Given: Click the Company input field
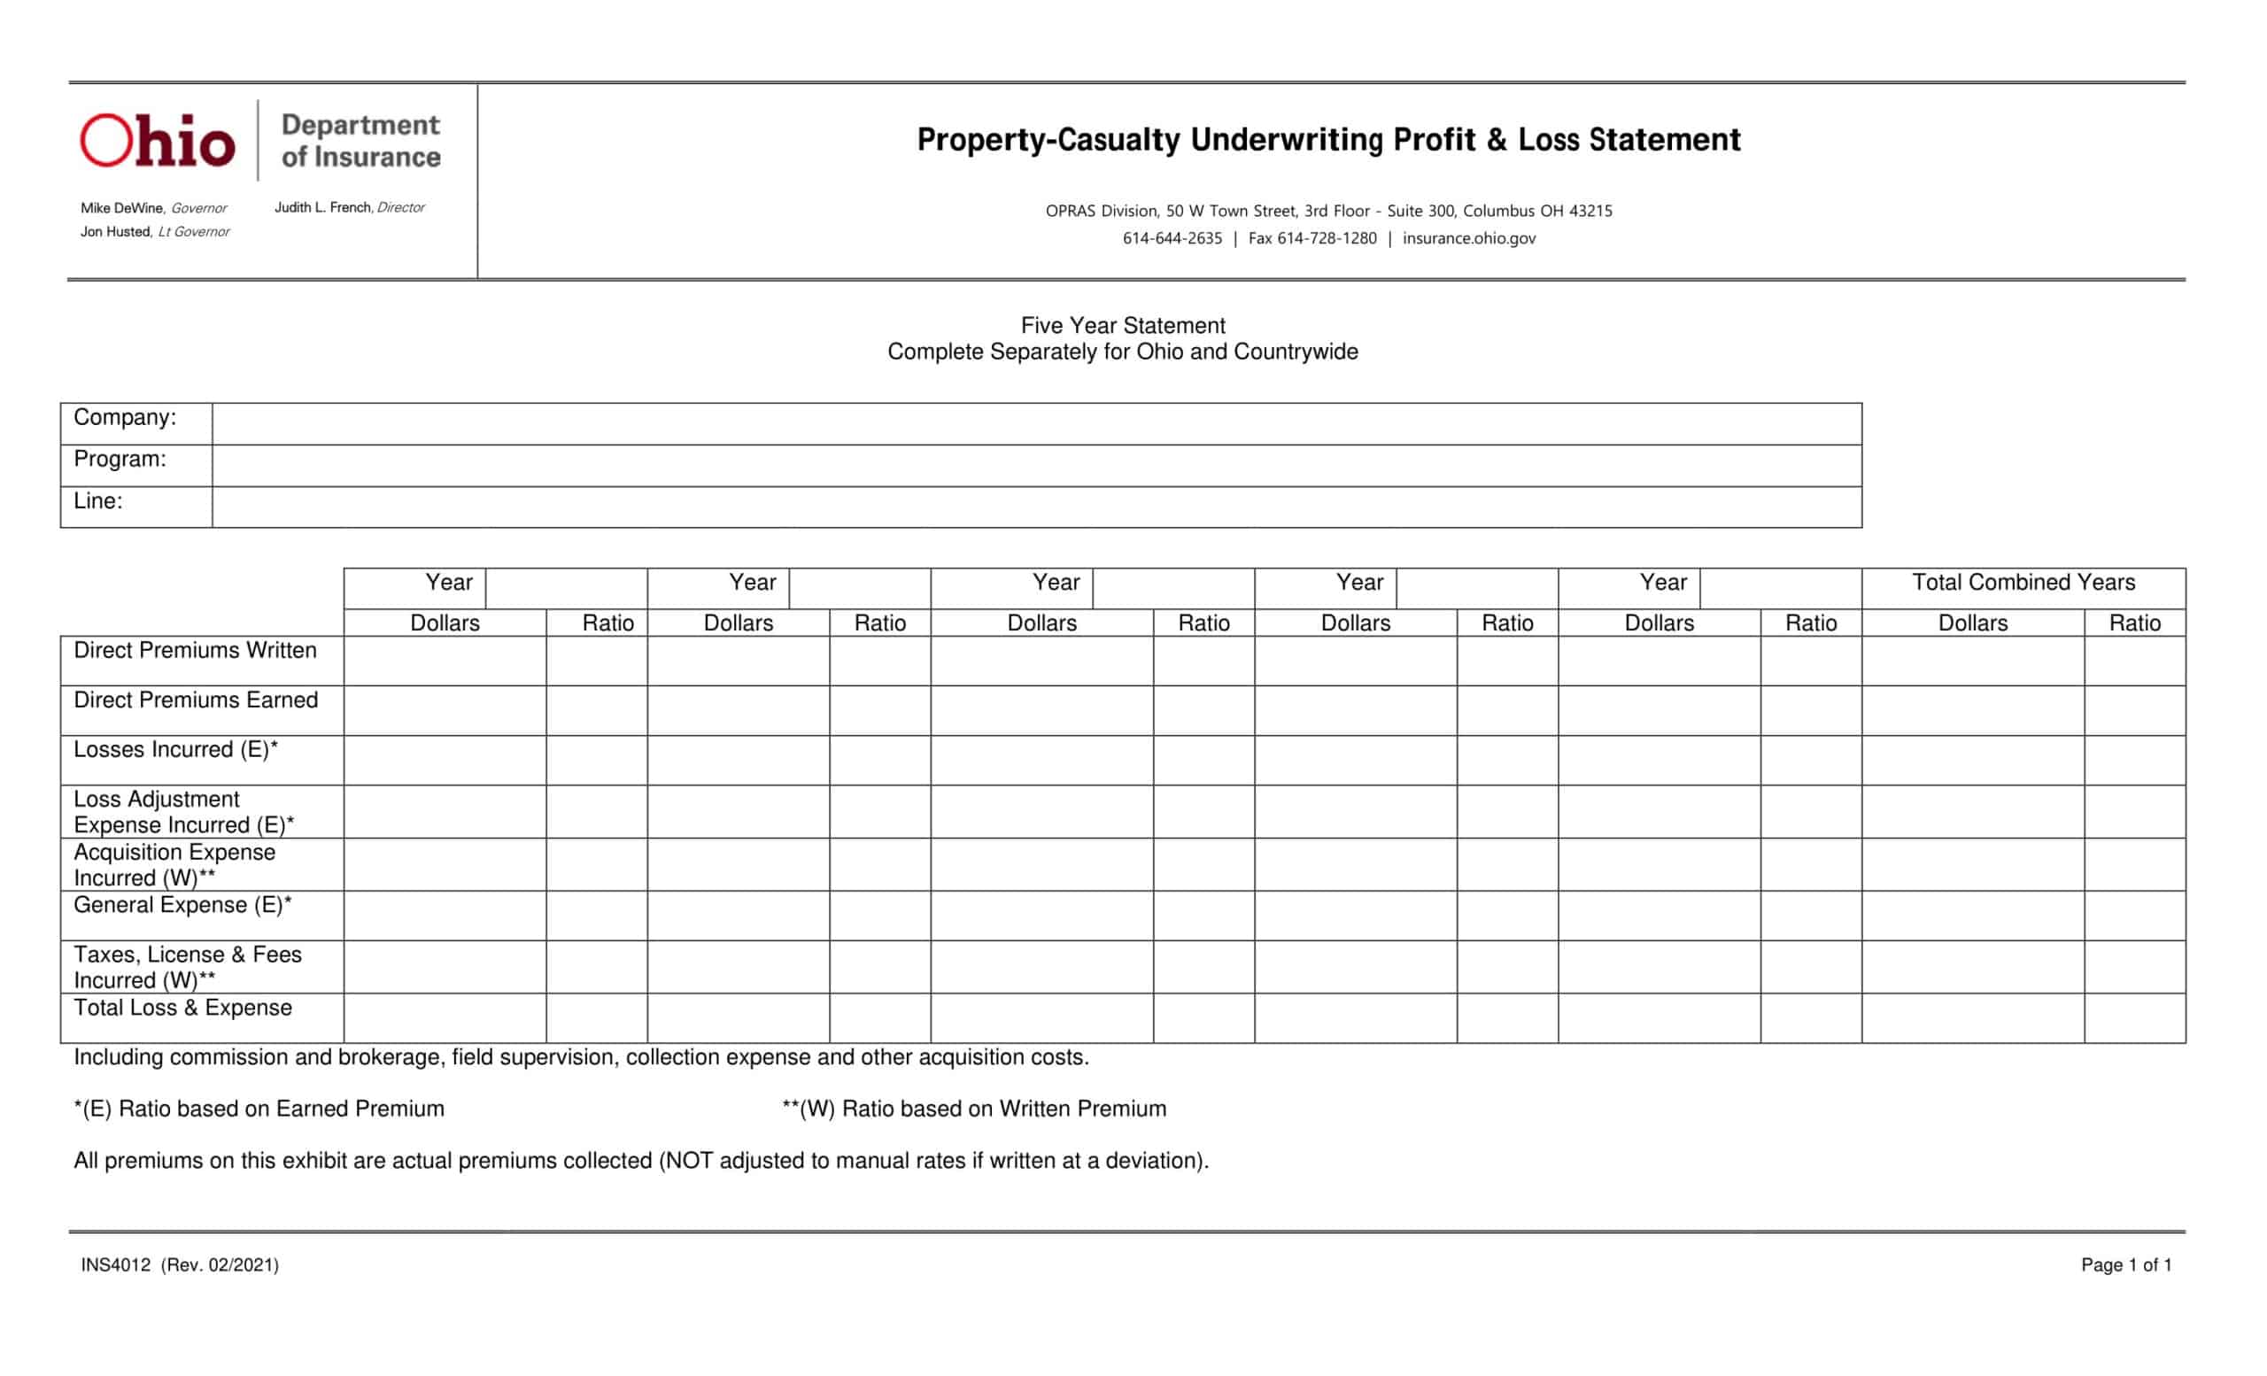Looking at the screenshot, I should pos(1036,424).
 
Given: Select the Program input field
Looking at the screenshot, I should pos(1036,466).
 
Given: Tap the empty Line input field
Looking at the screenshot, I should pos(1036,506).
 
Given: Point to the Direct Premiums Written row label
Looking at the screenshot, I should pos(195,650).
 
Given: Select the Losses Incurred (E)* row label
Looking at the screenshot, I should pos(174,750).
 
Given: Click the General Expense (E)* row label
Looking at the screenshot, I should pos(182,905).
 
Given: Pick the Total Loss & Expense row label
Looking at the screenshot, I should pos(182,1007).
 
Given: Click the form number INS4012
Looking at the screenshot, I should pos(116,1264).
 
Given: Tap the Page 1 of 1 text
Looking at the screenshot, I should pos(2125,1264).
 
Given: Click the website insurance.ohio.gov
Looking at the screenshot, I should pos(1468,238).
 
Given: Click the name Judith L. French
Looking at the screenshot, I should pos(323,208).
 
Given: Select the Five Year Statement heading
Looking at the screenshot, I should pos(1123,326).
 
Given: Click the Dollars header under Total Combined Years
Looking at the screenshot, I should pos(1973,622).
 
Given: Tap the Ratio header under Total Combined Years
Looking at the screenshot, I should pos(2134,622).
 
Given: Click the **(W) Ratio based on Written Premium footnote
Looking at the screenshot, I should pos(973,1109).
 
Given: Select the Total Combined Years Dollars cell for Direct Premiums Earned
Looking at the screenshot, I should pos(1973,710).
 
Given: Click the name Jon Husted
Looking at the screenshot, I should pos(115,232).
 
